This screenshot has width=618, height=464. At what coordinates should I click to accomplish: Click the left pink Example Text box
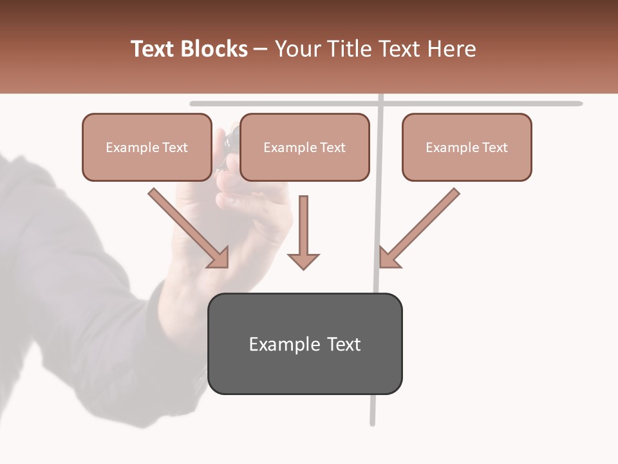(147, 148)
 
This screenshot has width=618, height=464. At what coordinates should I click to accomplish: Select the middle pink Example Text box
(304, 148)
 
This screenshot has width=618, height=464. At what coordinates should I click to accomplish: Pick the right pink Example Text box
(467, 148)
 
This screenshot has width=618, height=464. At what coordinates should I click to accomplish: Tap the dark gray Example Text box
(305, 344)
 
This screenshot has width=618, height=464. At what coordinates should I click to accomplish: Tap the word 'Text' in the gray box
(344, 344)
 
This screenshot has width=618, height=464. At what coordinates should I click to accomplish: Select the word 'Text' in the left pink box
(174, 148)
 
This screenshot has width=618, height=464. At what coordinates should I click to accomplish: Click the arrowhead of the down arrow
(303, 260)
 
